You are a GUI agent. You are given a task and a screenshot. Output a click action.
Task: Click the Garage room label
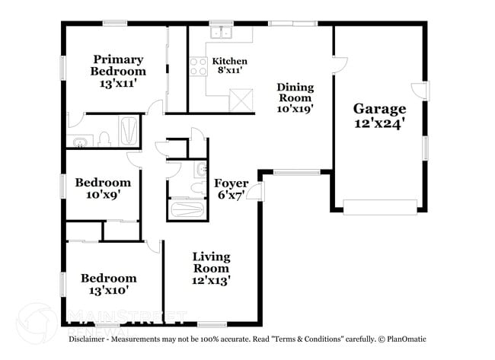click(x=379, y=116)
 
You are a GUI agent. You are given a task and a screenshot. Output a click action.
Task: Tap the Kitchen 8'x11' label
click(x=229, y=65)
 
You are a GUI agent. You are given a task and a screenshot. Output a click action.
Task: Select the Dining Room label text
click(x=295, y=97)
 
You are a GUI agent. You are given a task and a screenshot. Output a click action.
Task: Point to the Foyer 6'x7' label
click(x=231, y=189)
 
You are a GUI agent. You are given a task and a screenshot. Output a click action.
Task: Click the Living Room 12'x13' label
click(x=211, y=269)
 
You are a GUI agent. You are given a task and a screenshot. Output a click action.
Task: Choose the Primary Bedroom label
click(x=118, y=71)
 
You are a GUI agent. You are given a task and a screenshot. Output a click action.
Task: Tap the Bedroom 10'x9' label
click(x=103, y=188)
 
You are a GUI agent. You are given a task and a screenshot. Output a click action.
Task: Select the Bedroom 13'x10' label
click(x=109, y=284)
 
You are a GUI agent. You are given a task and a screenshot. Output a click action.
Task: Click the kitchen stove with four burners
click(x=198, y=66)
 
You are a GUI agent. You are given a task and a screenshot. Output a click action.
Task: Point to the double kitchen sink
click(x=222, y=32)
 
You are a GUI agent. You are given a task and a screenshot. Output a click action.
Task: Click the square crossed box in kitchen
click(x=241, y=100)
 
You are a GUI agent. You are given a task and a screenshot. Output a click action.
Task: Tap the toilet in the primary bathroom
click(x=104, y=139)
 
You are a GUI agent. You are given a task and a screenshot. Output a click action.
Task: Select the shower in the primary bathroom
click(x=128, y=131)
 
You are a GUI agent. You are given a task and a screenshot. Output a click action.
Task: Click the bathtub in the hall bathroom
click(x=187, y=209)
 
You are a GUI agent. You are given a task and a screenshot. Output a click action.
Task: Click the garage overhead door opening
click(x=380, y=207)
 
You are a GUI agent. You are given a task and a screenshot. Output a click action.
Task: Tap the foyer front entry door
click(x=255, y=191)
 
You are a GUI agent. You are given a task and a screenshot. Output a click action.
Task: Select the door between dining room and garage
click(x=340, y=65)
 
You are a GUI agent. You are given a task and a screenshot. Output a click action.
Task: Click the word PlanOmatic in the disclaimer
click(x=407, y=339)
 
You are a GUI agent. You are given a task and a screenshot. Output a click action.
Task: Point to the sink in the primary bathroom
click(x=81, y=142)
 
